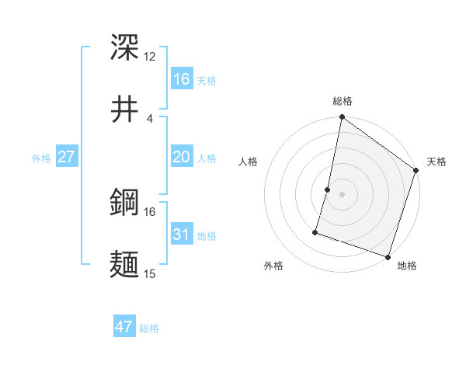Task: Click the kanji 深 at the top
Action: [125, 48]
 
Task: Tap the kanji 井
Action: [125, 108]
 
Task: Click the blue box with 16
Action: [181, 78]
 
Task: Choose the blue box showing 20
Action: [181, 157]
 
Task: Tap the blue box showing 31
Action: [181, 234]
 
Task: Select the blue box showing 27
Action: [66, 157]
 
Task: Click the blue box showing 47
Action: [124, 327]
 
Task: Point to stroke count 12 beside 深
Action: [150, 57]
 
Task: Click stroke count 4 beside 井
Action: [149, 118]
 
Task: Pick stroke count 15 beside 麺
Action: [150, 273]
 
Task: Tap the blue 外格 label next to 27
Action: [41, 158]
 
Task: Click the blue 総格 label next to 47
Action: [149, 328]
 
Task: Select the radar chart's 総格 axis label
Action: [343, 101]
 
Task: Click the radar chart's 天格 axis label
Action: [436, 162]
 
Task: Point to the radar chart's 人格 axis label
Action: [249, 162]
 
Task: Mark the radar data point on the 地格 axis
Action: [388, 256]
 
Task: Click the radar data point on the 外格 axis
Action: [316, 231]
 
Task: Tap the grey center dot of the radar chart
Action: [343, 194]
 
